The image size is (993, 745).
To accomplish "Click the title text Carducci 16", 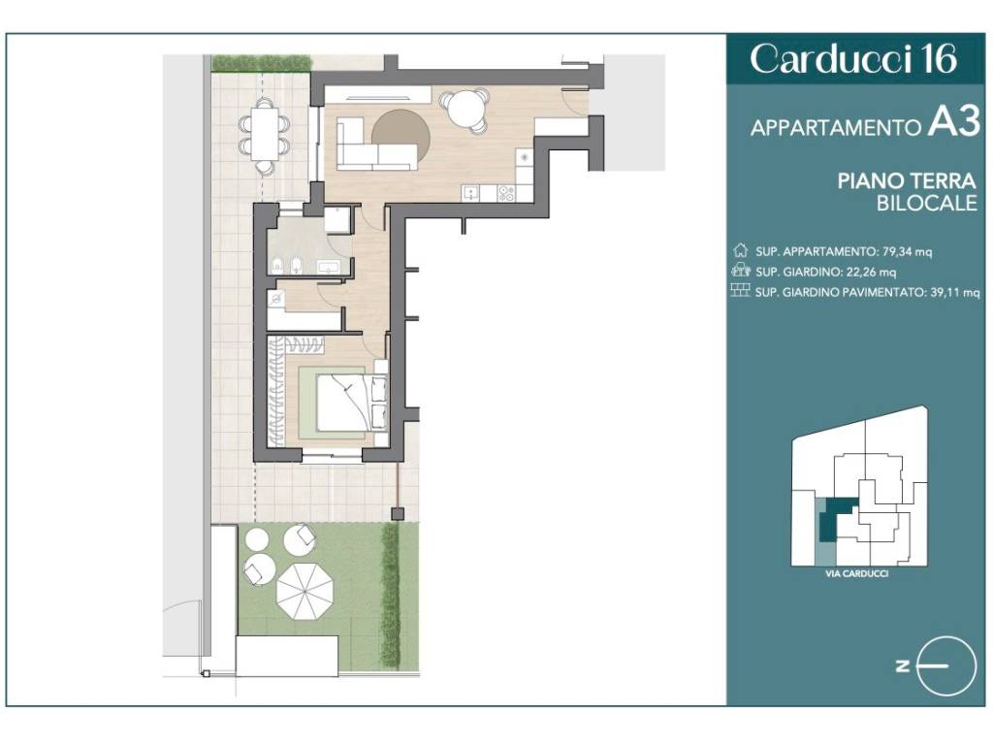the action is (852, 59).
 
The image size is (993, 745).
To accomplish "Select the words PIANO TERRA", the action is (907, 181).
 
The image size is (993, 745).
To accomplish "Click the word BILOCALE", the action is (926, 204).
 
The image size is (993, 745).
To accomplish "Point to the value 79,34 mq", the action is (907, 251).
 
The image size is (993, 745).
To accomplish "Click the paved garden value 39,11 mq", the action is (955, 292).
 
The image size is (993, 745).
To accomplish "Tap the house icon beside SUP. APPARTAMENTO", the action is (740, 250).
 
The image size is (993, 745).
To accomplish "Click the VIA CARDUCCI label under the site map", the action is (857, 573).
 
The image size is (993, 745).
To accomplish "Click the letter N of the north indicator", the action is (903, 665).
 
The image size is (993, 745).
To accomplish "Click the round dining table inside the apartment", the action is (465, 110).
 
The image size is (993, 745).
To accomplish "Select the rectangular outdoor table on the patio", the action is (265, 134).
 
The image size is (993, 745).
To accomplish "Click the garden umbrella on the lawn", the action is (304, 592).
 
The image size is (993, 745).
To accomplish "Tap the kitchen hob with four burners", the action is (506, 193).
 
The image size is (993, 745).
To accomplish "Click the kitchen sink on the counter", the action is (470, 193).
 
